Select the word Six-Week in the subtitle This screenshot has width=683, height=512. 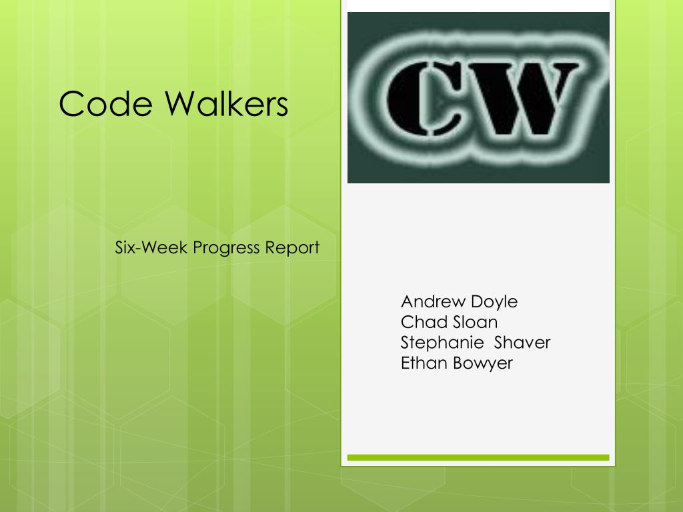pyautogui.click(x=151, y=248)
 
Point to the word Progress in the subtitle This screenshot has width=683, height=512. pyautogui.click(x=226, y=249)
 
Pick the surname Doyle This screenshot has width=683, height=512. pyautogui.click(x=494, y=302)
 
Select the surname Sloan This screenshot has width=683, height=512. pyautogui.click(x=475, y=322)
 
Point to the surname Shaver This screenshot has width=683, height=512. pyautogui.click(x=522, y=343)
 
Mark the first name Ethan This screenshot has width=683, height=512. pyautogui.click(x=424, y=363)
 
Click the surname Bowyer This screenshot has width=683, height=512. pyautogui.click(x=483, y=364)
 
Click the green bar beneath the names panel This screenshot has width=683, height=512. pyautogui.click(x=478, y=457)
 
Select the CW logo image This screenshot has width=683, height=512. pyautogui.click(x=478, y=97)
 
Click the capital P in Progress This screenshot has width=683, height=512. pyautogui.click(x=197, y=248)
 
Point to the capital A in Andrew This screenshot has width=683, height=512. pyautogui.click(x=408, y=301)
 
